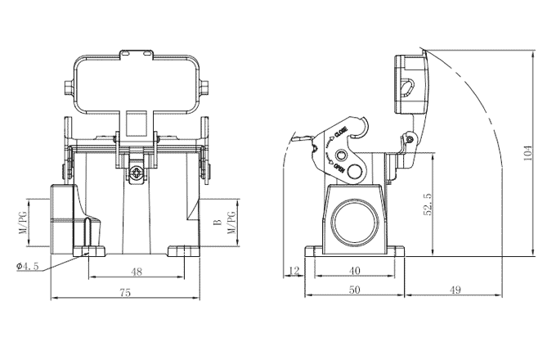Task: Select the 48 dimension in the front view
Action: tap(137, 271)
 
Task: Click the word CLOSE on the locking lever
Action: tap(341, 131)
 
